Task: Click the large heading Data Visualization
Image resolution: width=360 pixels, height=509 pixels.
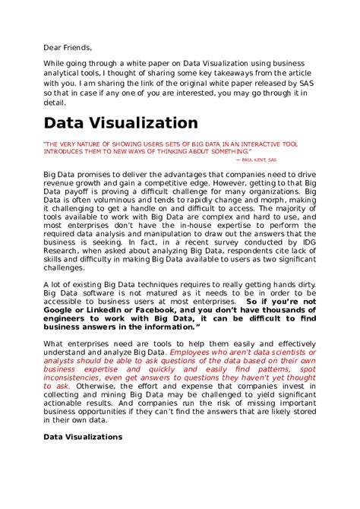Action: [121, 123]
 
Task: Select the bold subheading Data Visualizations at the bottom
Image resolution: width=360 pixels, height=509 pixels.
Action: [83, 438]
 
